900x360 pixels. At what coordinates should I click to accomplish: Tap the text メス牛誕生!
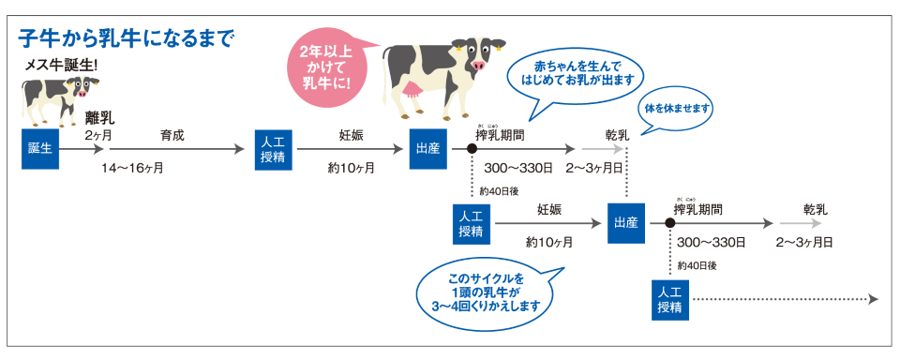(x=62, y=66)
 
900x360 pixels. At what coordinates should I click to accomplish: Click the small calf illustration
(x=56, y=97)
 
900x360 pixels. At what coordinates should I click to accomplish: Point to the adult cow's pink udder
(x=412, y=91)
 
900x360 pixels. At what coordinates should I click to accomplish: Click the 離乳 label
(x=99, y=118)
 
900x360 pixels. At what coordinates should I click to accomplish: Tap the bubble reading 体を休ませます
(x=676, y=108)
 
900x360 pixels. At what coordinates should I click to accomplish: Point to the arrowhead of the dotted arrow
(x=873, y=299)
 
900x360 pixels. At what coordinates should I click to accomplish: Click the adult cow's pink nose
(x=480, y=67)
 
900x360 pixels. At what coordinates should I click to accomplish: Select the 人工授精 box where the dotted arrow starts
(x=669, y=299)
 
